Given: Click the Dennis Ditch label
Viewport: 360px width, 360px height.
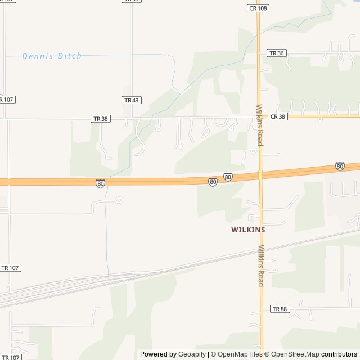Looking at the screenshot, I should pyautogui.click(x=52, y=56).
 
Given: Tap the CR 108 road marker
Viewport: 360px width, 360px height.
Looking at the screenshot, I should pyautogui.click(x=258, y=8).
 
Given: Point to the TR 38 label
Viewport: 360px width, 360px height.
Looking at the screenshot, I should pyautogui.click(x=100, y=119).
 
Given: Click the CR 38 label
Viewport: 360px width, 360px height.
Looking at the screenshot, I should pyautogui.click(x=277, y=116).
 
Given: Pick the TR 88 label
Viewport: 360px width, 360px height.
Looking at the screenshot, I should pyautogui.click(x=279, y=309).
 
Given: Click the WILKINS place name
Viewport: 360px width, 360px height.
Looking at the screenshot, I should pyautogui.click(x=248, y=229).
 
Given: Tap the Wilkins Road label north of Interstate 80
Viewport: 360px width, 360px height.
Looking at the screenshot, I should pyautogui.click(x=259, y=125).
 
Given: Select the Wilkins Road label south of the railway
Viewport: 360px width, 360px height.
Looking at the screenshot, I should pyautogui.click(x=261, y=265).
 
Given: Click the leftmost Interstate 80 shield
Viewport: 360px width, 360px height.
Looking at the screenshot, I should pyautogui.click(x=100, y=183).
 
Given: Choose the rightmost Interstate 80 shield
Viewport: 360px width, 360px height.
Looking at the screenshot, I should pyautogui.click(x=340, y=166).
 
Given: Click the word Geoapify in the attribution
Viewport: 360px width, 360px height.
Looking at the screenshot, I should pyautogui.click(x=192, y=354).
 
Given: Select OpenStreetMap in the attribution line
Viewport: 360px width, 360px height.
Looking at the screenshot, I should pyautogui.click(x=294, y=354).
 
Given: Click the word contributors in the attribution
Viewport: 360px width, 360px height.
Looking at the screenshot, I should pyautogui.click(x=339, y=354).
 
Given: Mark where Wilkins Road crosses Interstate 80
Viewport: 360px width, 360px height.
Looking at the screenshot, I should pyautogui.click(x=260, y=174).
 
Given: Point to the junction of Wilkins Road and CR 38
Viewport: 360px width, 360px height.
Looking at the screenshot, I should pyautogui.click(x=259, y=116).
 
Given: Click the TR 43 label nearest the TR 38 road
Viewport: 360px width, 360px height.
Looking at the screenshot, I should pyautogui.click(x=130, y=100).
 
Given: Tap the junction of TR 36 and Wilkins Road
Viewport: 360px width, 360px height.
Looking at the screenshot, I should pyautogui.click(x=259, y=53).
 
